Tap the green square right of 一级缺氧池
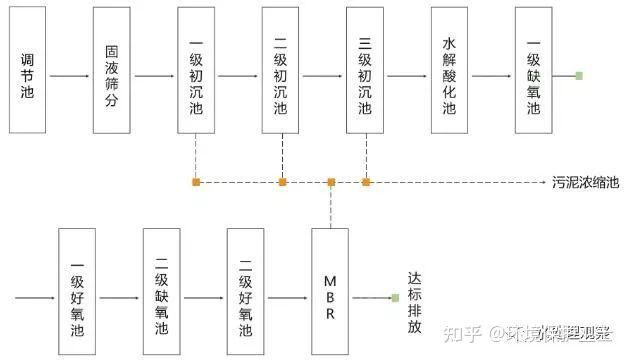click(x=578, y=75)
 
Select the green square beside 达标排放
click(x=396, y=297)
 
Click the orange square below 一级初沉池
click(x=197, y=182)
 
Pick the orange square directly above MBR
click(x=331, y=182)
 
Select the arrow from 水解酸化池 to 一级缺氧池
click(x=491, y=75)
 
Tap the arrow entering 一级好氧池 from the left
click(x=36, y=297)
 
